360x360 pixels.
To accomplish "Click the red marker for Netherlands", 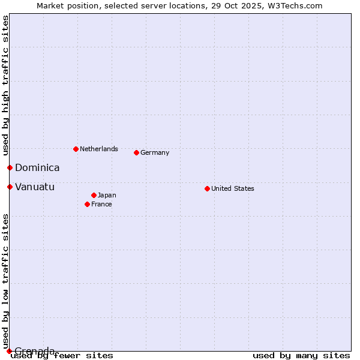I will click(76, 149).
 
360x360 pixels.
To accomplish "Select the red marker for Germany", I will click(136, 152).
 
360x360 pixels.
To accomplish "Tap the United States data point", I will click(207, 188).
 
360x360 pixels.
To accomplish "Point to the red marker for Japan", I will click(94, 195).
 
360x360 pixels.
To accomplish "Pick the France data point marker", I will click(87, 204).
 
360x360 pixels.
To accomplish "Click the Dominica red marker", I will click(10, 167).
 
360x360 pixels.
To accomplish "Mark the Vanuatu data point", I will click(10, 187).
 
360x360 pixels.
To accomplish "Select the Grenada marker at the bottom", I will click(9, 351).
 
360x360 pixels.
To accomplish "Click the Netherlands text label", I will click(98, 149).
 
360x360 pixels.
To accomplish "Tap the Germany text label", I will click(155, 152).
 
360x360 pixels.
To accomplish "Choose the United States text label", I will click(232, 188).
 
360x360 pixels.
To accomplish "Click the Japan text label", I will click(107, 195).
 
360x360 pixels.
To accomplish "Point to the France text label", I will click(101, 204).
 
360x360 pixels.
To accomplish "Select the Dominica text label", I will click(37, 168).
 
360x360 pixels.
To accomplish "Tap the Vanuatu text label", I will click(35, 187).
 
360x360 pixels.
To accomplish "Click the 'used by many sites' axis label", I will click(301, 355).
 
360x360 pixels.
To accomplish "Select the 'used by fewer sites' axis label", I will click(62, 355).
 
